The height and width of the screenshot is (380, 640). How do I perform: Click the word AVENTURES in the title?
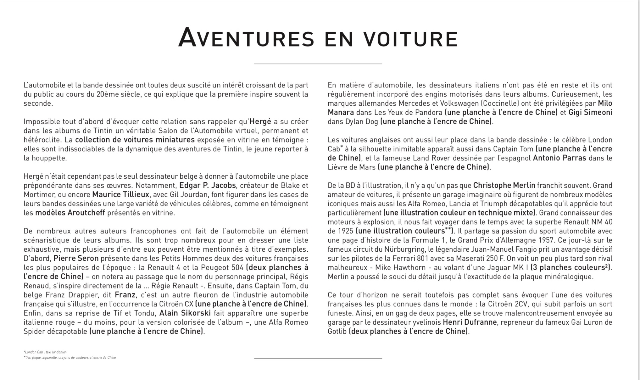coord(246,38)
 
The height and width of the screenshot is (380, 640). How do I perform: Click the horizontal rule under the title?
coord(318,64)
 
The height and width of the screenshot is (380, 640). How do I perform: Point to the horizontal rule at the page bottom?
coord(318,358)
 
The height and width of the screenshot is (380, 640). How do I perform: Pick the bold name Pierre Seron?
coord(76,258)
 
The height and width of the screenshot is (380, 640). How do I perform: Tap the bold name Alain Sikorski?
coord(186,313)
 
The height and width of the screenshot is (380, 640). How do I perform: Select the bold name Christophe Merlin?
coord(504,185)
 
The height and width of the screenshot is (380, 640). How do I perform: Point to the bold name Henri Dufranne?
coord(470,322)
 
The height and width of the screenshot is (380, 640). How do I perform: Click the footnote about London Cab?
coord(45,352)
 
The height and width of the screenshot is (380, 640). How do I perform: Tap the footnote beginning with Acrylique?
coord(70,357)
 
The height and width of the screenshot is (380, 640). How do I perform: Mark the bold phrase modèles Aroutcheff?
coord(70,213)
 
